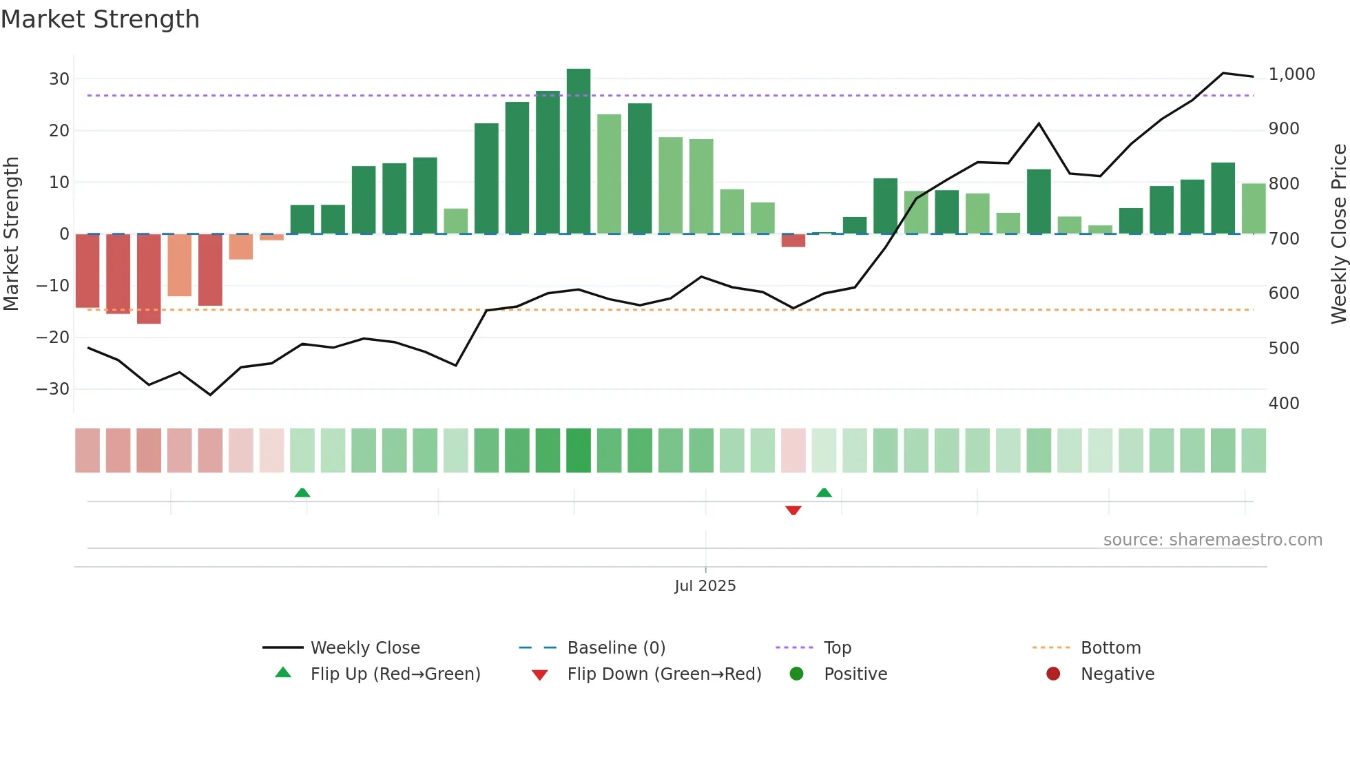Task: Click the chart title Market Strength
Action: (x=100, y=19)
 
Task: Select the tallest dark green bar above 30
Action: (x=579, y=151)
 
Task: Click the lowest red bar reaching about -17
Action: (x=149, y=279)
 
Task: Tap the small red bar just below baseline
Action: (x=793, y=240)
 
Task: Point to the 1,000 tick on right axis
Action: (x=1291, y=74)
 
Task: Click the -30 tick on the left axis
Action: (x=53, y=389)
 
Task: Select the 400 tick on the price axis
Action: (x=1284, y=403)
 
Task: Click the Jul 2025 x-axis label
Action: (x=705, y=586)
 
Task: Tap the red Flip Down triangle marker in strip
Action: (x=793, y=510)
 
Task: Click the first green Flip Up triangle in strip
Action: (x=302, y=492)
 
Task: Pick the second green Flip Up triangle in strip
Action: (x=824, y=492)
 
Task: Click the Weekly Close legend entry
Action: (x=364, y=648)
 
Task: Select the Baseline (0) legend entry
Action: (x=616, y=648)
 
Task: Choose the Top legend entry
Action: (x=837, y=648)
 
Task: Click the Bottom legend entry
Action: (x=1110, y=648)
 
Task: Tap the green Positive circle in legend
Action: (x=797, y=674)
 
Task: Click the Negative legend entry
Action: (x=1117, y=674)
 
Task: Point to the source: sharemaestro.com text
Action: (x=1212, y=540)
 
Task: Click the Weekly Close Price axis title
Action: (x=1338, y=234)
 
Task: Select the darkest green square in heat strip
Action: (x=579, y=450)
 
